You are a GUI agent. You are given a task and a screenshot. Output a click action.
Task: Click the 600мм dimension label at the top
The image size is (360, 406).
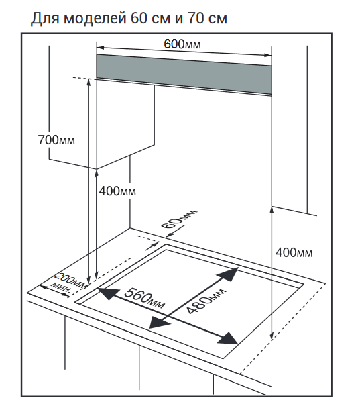tap(182, 44)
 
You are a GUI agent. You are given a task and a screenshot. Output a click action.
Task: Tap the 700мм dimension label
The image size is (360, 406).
tap(56, 140)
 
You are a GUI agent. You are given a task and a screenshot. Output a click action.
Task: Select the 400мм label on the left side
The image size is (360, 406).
tap(117, 191)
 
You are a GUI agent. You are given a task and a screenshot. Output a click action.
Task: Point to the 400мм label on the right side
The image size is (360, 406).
tap(294, 252)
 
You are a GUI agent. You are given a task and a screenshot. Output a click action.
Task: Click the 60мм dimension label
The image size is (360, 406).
tap(179, 219)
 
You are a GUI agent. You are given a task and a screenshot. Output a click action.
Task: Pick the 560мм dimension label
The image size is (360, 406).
tap(144, 298)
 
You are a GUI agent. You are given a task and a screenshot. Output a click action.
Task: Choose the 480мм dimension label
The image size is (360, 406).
tap(206, 301)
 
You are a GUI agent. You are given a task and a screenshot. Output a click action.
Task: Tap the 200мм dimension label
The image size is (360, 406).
tap(71, 280)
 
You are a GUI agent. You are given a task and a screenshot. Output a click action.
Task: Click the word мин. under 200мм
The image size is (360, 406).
tap(60, 288)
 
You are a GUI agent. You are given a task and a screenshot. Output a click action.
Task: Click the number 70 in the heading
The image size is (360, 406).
tap(196, 18)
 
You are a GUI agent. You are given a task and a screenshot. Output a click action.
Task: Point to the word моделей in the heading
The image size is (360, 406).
tap(95, 19)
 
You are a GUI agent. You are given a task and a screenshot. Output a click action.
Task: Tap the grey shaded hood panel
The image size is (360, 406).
tap(184, 74)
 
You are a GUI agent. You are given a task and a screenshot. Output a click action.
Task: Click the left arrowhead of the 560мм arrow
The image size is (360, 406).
tap(107, 293)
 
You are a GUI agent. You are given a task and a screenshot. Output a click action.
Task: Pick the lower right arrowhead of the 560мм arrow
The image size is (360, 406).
tap(228, 338)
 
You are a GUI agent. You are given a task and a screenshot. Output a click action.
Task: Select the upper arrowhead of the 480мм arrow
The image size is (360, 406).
tap(229, 274)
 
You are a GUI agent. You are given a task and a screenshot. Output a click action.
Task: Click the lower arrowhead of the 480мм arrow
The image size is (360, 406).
tap(158, 323)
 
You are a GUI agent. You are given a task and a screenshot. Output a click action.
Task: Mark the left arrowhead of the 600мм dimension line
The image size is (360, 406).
tap(100, 48)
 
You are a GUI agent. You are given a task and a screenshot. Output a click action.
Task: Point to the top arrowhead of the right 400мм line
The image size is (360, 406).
tap(272, 210)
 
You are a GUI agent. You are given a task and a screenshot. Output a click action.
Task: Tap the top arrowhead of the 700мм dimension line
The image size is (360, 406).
tap(89, 82)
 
